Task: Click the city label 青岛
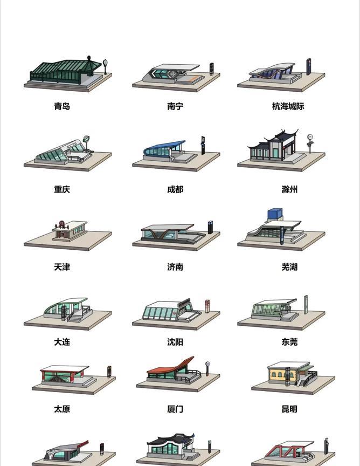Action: click(62, 106)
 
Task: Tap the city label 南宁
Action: click(175, 106)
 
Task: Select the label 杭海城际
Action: click(288, 106)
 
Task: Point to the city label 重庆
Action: click(62, 189)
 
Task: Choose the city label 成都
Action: click(175, 189)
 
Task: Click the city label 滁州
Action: click(289, 189)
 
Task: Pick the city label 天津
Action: click(62, 267)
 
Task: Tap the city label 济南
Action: click(175, 267)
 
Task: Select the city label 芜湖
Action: click(289, 267)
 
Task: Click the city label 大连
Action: click(62, 342)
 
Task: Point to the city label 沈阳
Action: click(175, 342)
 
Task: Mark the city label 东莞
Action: click(289, 342)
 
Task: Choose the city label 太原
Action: click(62, 409)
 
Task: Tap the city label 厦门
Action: click(175, 409)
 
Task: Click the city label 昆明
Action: click(289, 409)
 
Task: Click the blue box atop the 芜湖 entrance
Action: click(275, 214)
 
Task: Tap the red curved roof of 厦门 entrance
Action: click(170, 366)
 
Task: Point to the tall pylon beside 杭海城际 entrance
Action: click(309, 66)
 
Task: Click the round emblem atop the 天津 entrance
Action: click(61, 223)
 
